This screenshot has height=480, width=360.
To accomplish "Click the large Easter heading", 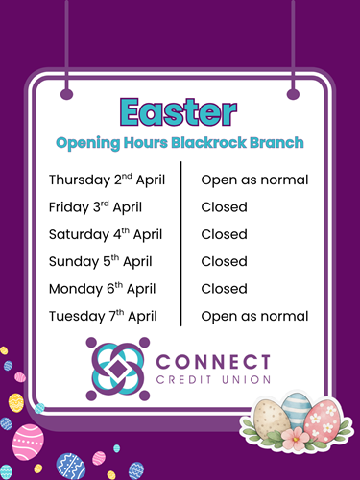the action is [179, 111].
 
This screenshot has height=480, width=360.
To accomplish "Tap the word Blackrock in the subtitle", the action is [208, 143].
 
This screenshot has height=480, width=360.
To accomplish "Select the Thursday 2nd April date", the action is [107, 180].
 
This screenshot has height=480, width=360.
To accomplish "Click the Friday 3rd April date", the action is [95, 207].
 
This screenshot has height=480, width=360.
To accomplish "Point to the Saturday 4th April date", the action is [106, 234].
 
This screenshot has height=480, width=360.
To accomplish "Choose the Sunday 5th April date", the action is [101, 262].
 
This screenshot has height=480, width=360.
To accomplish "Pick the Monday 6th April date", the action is [103, 289].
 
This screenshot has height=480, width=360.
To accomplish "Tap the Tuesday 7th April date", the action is [103, 316].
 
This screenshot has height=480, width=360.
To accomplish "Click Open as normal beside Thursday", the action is [254, 180].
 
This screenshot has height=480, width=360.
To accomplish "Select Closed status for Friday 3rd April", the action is [224, 207].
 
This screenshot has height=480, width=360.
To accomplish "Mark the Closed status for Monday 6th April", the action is [224, 289].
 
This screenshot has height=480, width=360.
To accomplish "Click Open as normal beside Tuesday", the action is [254, 317].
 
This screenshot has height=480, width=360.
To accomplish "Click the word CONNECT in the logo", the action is [213, 362].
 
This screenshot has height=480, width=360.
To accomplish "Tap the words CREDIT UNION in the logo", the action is [213, 380].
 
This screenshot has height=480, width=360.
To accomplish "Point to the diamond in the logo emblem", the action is [118, 369].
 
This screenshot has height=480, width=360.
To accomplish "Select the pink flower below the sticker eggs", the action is [295, 438].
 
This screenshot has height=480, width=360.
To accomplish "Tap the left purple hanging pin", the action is [67, 94].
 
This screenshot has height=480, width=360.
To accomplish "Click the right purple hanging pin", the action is [293, 94].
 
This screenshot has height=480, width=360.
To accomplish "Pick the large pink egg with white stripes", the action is [28, 442].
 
